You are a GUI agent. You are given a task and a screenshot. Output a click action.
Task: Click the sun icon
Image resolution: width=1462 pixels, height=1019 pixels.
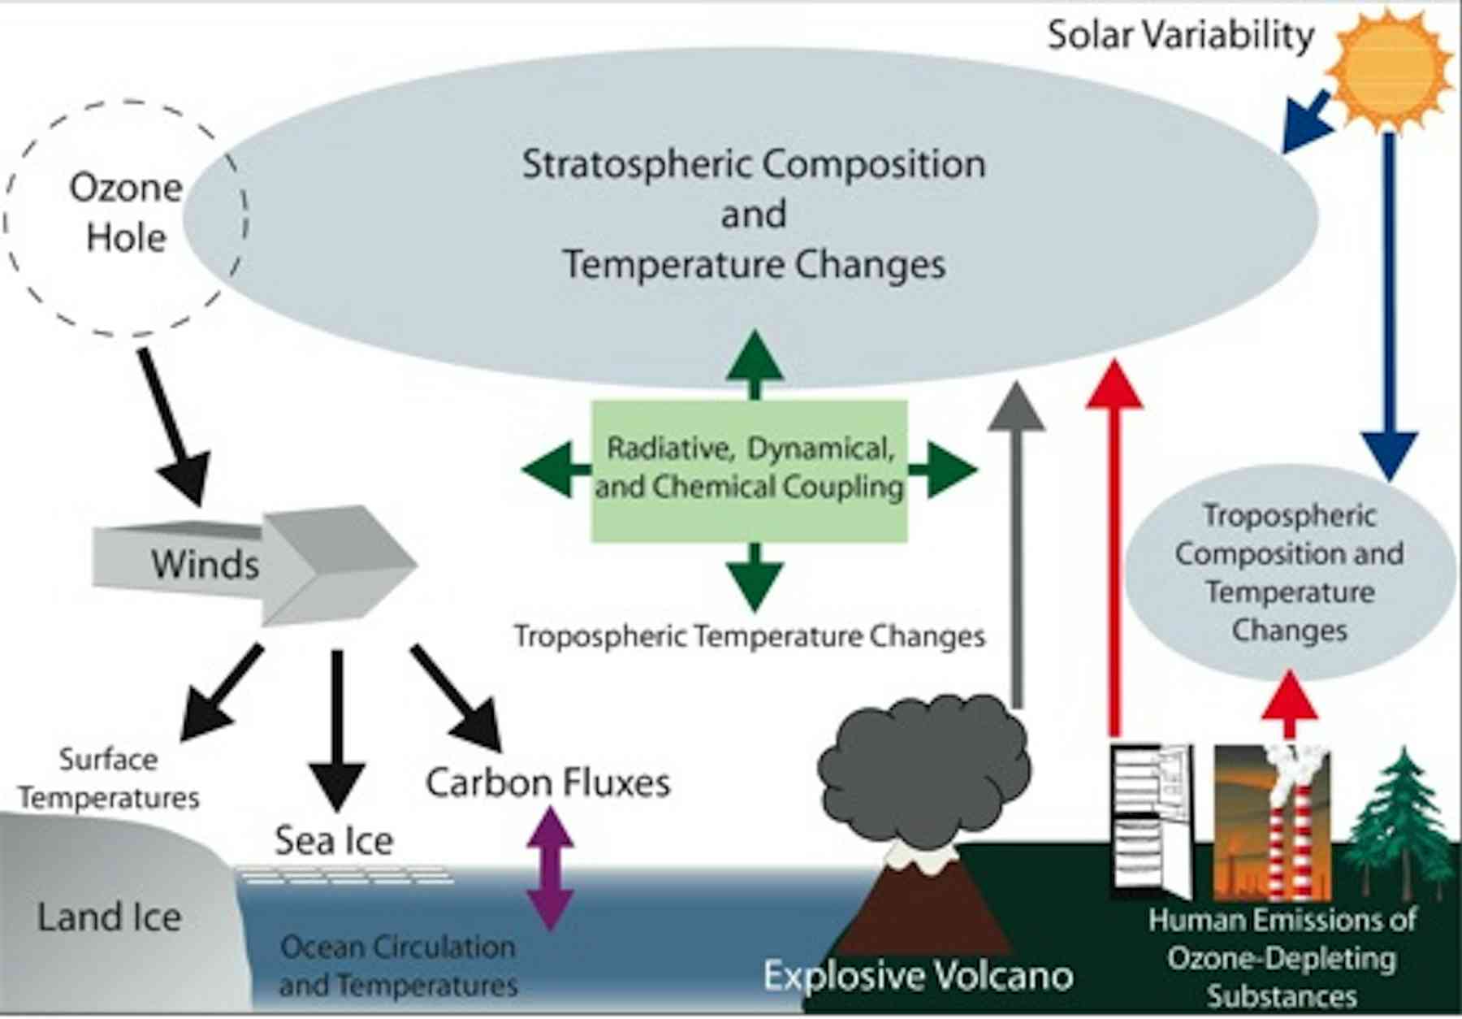click(1391, 68)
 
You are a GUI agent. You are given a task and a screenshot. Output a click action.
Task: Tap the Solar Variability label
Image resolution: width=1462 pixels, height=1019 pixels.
click(1180, 36)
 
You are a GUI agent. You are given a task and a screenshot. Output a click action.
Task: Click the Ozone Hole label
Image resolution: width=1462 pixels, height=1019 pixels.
click(126, 213)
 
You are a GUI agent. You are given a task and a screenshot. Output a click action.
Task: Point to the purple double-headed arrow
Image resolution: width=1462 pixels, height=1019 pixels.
click(551, 868)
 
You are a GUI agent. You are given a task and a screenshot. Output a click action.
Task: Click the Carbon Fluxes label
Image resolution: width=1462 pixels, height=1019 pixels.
click(548, 783)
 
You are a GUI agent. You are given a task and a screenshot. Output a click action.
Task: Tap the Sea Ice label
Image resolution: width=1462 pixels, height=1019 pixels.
click(334, 840)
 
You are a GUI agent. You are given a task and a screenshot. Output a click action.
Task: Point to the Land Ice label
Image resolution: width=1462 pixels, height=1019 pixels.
click(110, 917)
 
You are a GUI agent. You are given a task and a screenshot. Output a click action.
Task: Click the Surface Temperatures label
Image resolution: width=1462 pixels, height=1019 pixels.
click(109, 778)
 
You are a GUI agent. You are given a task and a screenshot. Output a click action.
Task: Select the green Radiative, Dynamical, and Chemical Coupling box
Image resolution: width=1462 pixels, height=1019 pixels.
click(749, 470)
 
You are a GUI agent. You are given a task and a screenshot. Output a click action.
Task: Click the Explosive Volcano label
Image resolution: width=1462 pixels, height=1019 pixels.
click(919, 975)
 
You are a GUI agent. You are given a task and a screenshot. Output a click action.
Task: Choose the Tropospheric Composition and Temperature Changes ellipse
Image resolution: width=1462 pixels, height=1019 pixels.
click(1290, 573)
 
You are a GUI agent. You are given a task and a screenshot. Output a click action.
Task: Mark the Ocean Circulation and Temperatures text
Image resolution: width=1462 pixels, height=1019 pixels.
click(398, 965)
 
